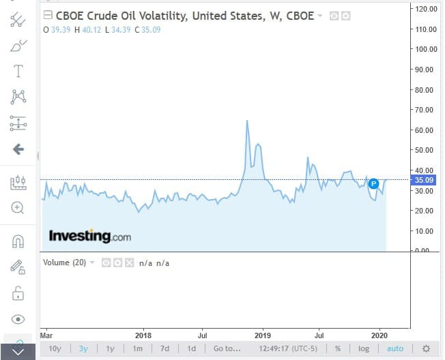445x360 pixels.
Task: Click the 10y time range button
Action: point(55,348)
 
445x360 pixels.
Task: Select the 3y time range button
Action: point(83,348)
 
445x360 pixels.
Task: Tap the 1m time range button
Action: point(137,348)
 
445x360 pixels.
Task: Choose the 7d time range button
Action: point(164,348)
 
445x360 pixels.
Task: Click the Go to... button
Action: point(227,348)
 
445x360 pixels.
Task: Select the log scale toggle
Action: point(364,348)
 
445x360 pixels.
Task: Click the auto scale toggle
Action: point(395,348)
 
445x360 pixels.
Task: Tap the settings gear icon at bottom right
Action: point(426,348)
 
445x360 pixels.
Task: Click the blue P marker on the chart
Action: point(373,183)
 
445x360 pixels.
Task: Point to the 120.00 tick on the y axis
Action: point(427,9)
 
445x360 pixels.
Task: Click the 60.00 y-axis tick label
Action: point(427,130)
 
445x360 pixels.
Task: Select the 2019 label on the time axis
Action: point(263,335)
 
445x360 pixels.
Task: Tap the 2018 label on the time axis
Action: point(143,335)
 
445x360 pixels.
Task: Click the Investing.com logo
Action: point(89,237)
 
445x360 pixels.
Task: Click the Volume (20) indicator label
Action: point(64,262)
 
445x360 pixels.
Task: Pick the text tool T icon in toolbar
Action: point(18,71)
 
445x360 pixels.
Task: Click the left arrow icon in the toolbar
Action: point(18,149)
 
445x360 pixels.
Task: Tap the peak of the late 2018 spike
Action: point(246,121)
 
